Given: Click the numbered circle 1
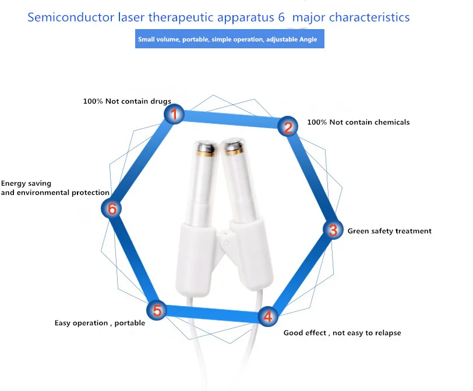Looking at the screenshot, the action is (173, 114).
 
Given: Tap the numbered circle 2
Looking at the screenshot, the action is (287, 126).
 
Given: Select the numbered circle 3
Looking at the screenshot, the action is (333, 230).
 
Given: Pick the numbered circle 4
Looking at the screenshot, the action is (267, 317).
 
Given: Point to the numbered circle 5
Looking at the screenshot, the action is (157, 310).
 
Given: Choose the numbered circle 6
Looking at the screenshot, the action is (112, 208).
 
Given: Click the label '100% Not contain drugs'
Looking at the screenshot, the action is (127, 101).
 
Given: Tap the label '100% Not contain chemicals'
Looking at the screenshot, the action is (358, 122).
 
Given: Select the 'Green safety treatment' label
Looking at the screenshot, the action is (389, 231).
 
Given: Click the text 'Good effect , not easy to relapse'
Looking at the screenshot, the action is (342, 333).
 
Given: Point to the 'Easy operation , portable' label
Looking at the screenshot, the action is (100, 323).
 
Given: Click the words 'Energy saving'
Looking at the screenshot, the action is (26, 184).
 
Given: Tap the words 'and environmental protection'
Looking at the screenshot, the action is (55, 193).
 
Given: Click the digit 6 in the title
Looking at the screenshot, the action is (282, 17).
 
